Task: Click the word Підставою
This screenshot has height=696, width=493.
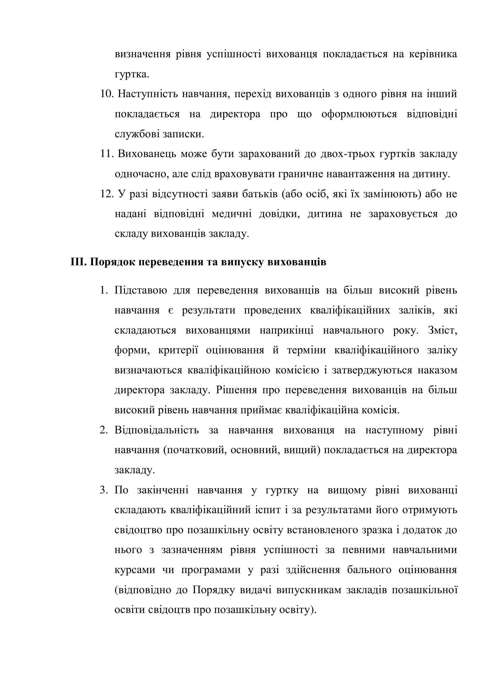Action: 141,290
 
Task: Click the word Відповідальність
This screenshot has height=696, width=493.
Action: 157,430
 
